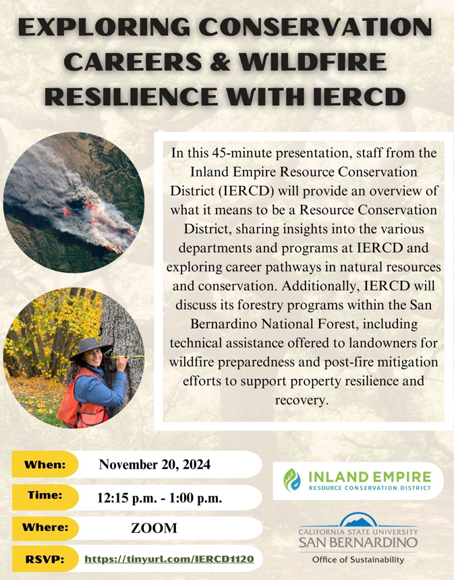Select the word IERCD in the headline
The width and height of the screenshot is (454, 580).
pos(359,96)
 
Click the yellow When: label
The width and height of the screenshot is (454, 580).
pos(45,464)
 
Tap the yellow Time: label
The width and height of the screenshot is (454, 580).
pos(45,495)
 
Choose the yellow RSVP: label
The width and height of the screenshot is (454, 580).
pos(45,558)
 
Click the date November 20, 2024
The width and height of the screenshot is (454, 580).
pos(154,464)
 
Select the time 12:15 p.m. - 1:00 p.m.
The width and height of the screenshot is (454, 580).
pos(160,498)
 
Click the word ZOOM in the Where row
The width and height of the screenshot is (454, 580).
pos(154,528)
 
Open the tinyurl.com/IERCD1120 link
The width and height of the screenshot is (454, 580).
pos(169,558)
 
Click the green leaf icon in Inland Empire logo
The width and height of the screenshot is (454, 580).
pos(292,480)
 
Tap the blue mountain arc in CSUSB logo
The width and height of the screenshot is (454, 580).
pos(358,519)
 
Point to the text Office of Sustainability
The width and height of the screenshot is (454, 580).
pos(358,560)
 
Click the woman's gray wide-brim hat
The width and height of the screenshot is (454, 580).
pos(91,348)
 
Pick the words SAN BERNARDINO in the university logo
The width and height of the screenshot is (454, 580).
pos(358,543)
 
